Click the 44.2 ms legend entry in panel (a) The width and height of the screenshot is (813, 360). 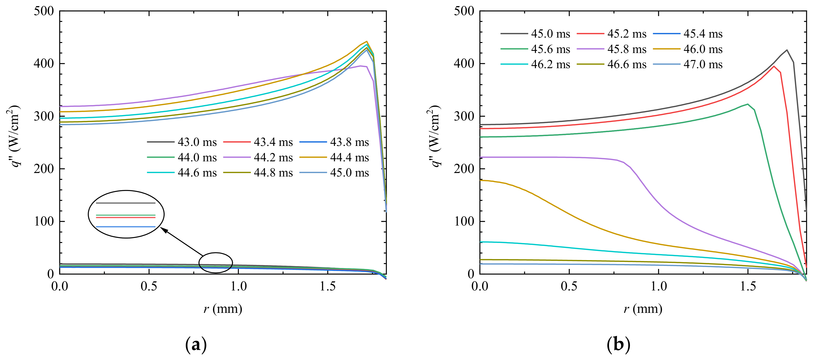coord(273,158)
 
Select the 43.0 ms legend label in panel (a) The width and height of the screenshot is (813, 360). coord(197,142)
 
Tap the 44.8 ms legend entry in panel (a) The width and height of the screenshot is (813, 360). coord(273,173)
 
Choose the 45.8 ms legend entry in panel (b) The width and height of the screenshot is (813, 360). coord(627,49)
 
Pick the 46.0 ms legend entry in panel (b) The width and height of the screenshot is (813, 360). coord(703,49)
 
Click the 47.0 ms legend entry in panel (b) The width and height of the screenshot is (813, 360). coord(703,64)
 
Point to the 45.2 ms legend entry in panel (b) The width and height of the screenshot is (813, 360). coord(627,34)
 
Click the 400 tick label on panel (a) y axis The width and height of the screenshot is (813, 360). coord(44,64)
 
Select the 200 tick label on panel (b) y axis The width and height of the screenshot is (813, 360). coord(464,169)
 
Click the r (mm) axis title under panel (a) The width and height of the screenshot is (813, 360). coord(223,309)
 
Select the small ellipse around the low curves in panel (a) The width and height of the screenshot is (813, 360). coord(215,263)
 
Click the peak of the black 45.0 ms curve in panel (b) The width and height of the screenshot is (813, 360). coord(787,50)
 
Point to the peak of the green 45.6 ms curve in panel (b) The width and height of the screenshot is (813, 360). coord(748,104)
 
